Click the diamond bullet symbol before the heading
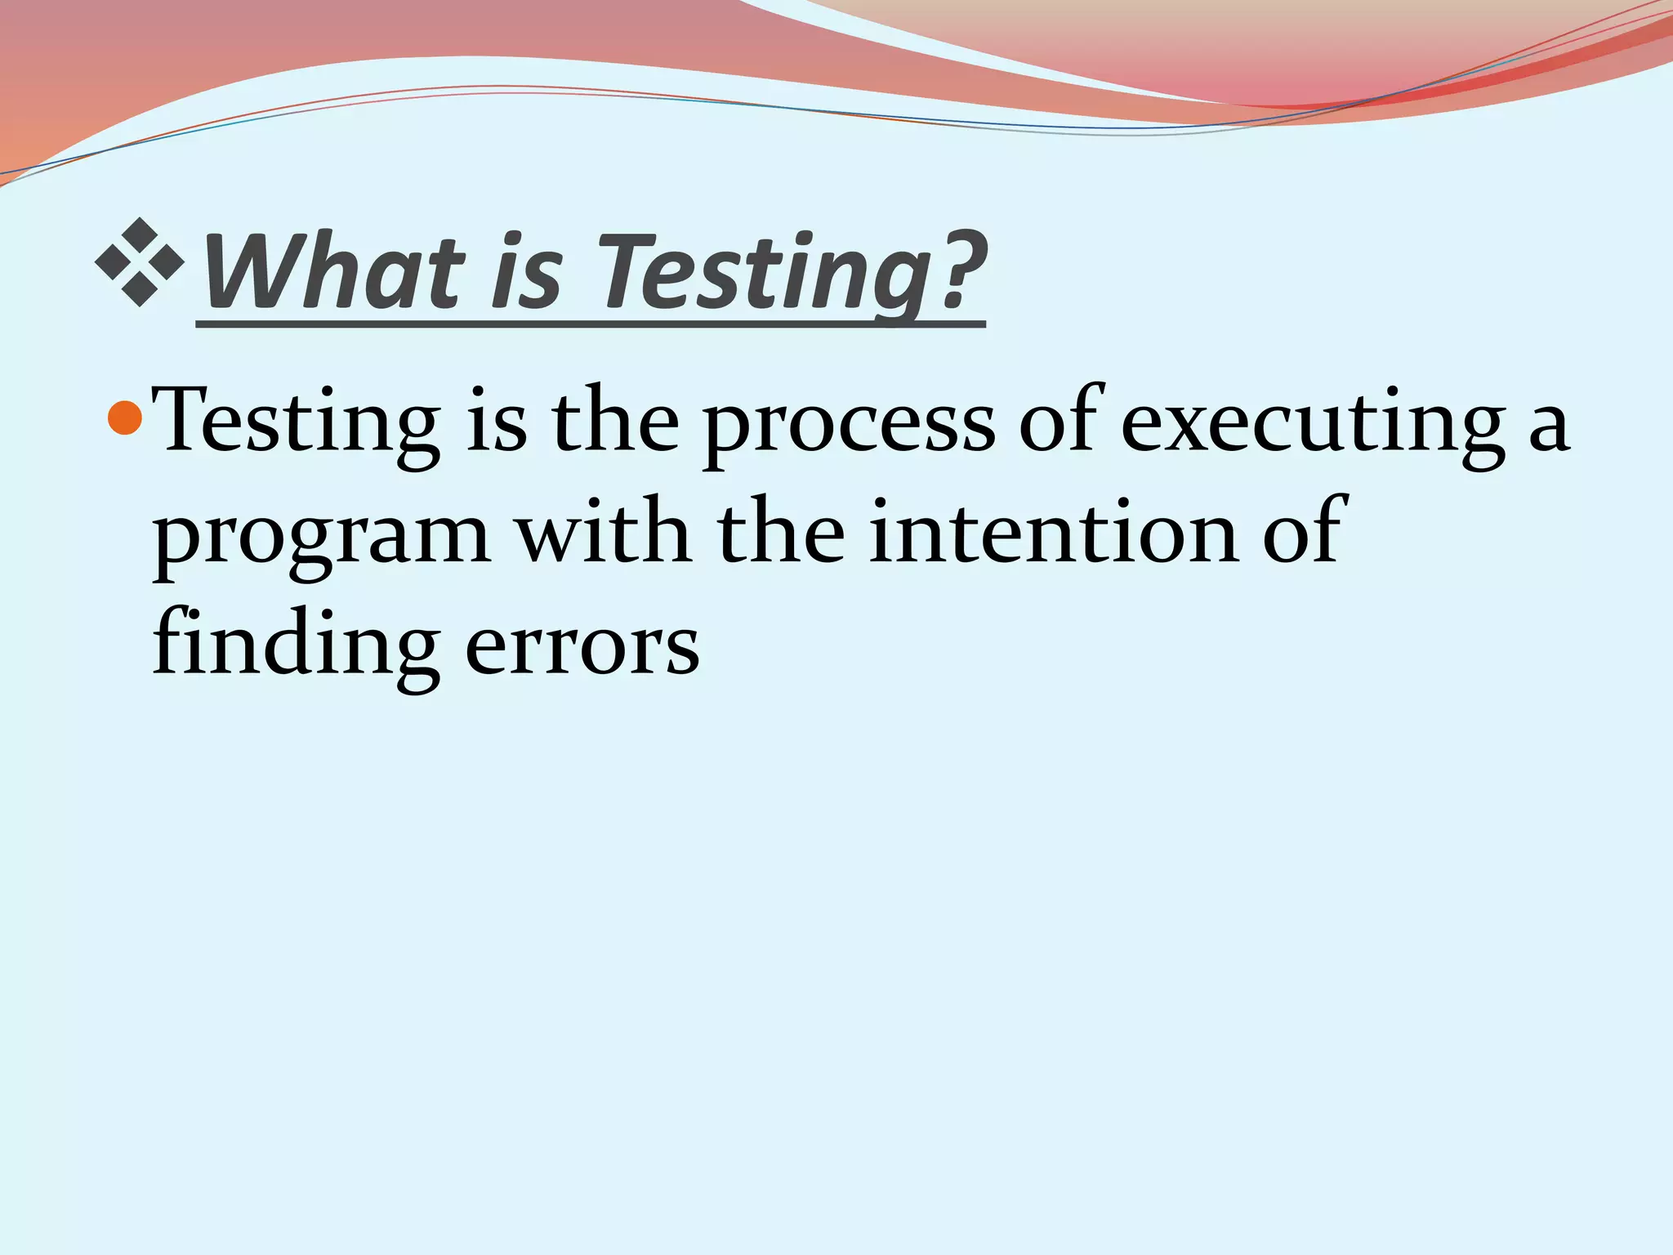click(x=140, y=262)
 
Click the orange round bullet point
click(x=125, y=418)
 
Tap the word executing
click(x=1314, y=427)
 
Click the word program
click(x=322, y=539)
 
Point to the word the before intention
click(x=781, y=533)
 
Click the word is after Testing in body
click(x=496, y=423)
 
